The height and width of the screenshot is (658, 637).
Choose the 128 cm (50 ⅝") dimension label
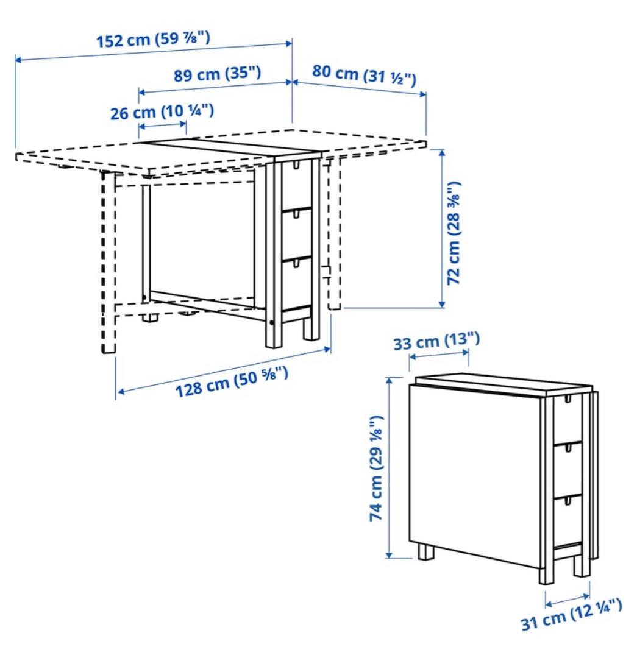coord(232,380)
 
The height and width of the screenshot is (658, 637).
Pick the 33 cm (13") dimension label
coord(436,341)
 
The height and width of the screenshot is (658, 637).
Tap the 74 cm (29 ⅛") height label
coord(376,467)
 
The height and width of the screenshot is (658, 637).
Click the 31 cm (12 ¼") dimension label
coord(571,615)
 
